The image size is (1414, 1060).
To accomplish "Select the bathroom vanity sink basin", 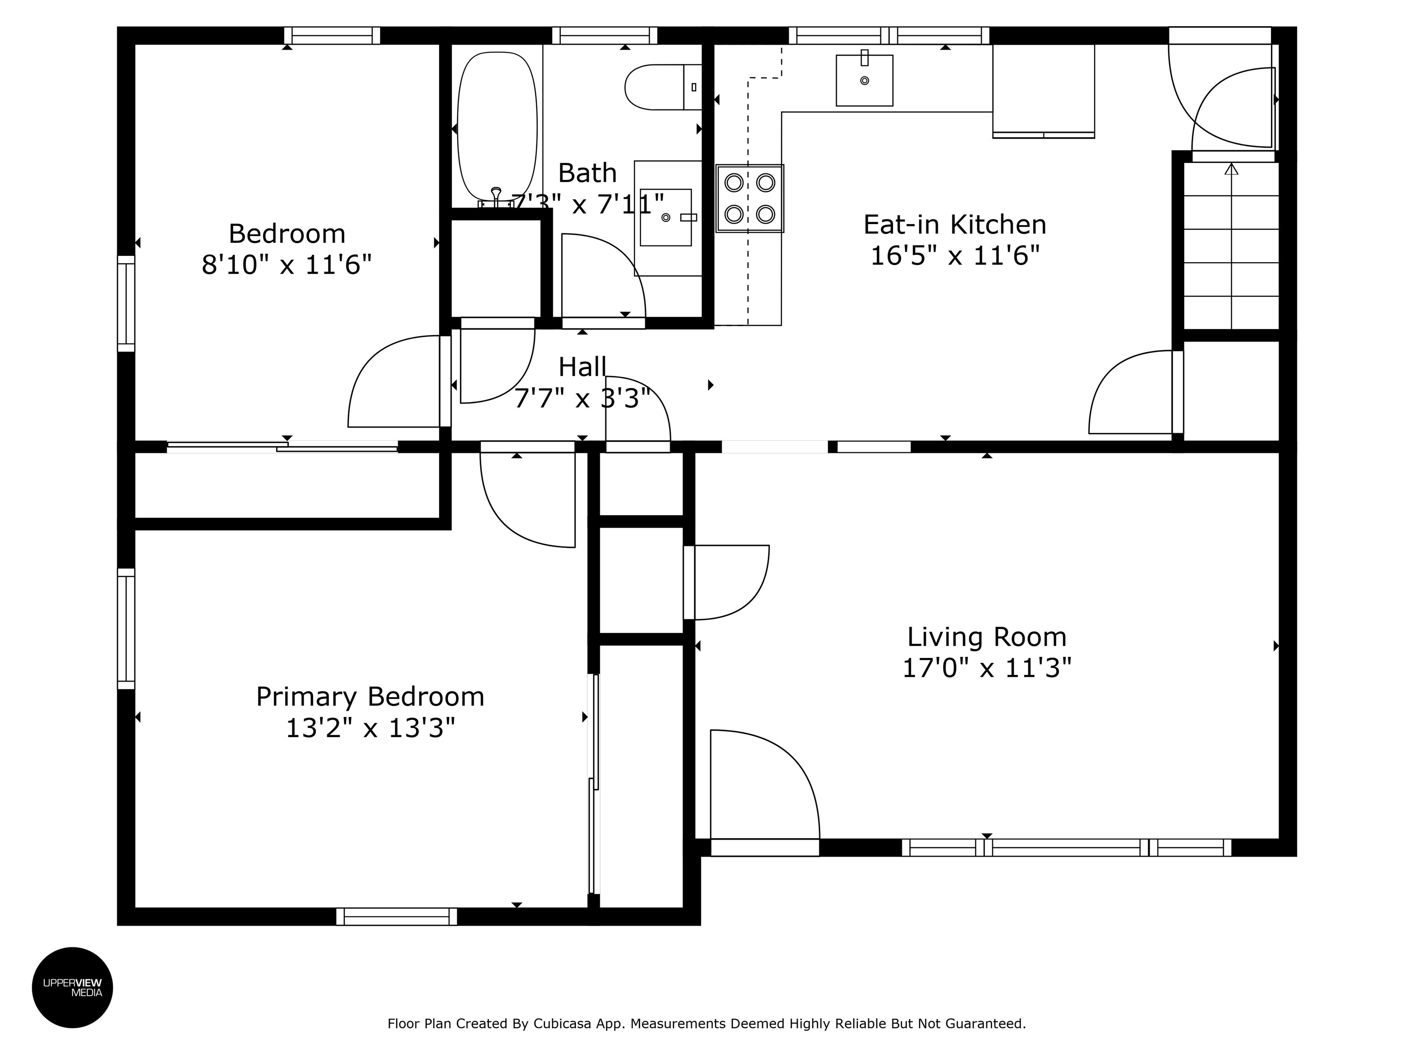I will coord(666,217).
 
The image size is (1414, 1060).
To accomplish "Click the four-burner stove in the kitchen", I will coord(750,199).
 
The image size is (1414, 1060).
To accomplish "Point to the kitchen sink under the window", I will coord(864,81).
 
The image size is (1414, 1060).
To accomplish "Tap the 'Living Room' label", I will coord(986,637).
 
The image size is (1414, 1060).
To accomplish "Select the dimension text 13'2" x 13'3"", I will coord(370,728).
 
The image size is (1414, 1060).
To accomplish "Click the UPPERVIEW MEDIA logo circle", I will coord(72,987).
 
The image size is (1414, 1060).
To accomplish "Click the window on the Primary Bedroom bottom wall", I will coord(396,916).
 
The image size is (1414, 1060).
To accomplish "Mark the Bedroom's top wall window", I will coord(332,36).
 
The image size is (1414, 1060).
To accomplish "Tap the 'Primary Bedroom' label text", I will coord(370,697).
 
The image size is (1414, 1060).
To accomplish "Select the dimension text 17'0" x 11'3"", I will coord(986,668).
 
